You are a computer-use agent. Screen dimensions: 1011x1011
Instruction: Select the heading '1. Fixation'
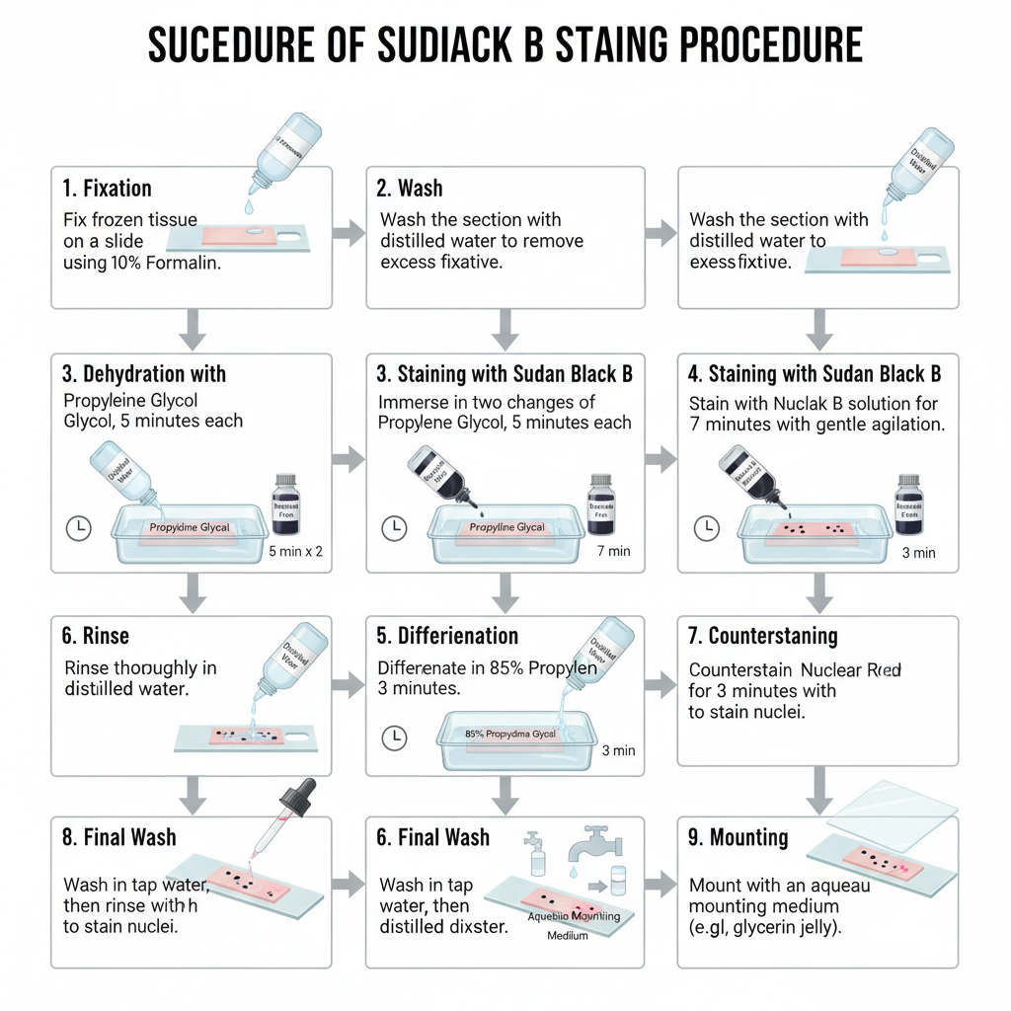point(107,188)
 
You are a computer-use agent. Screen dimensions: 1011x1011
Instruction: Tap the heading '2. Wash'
point(409,188)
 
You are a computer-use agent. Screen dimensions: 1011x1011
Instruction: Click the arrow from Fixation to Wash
point(348,234)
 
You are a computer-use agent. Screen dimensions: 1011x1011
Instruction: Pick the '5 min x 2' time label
point(295,551)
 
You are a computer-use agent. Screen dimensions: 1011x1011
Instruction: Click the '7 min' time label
point(613,551)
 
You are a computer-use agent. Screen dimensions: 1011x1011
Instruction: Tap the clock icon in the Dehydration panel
point(78,528)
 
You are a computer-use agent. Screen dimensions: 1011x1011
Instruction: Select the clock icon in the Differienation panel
point(394,736)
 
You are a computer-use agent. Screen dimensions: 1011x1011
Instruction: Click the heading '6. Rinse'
point(95,636)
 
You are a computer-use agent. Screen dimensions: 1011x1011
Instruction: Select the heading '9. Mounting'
point(738,838)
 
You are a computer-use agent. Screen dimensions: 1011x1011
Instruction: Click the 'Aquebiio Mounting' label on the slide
point(574,916)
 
